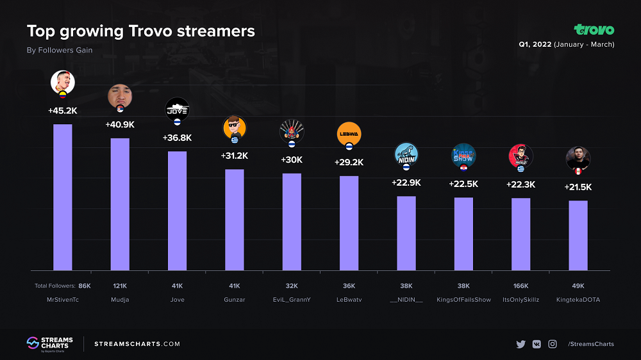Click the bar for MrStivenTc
point(62,197)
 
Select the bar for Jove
point(177,211)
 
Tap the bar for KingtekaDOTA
point(578,235)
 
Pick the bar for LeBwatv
point(349,223)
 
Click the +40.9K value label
point(120,124)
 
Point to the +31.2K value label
point(234,156)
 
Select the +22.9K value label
point(406,183)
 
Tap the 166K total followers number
point(520,286)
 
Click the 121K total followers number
point(120,286)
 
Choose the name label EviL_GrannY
point(292,300)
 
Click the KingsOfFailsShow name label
point(463,300)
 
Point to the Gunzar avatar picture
point(234,127)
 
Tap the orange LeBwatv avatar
point(349,133)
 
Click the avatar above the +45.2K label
point(63,82)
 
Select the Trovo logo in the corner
point(594,29)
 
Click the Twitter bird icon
point(520,344)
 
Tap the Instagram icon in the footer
point(552,344)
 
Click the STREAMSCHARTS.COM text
point(137,344)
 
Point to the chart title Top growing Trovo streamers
point(140,31)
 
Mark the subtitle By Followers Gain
point(60,50)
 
